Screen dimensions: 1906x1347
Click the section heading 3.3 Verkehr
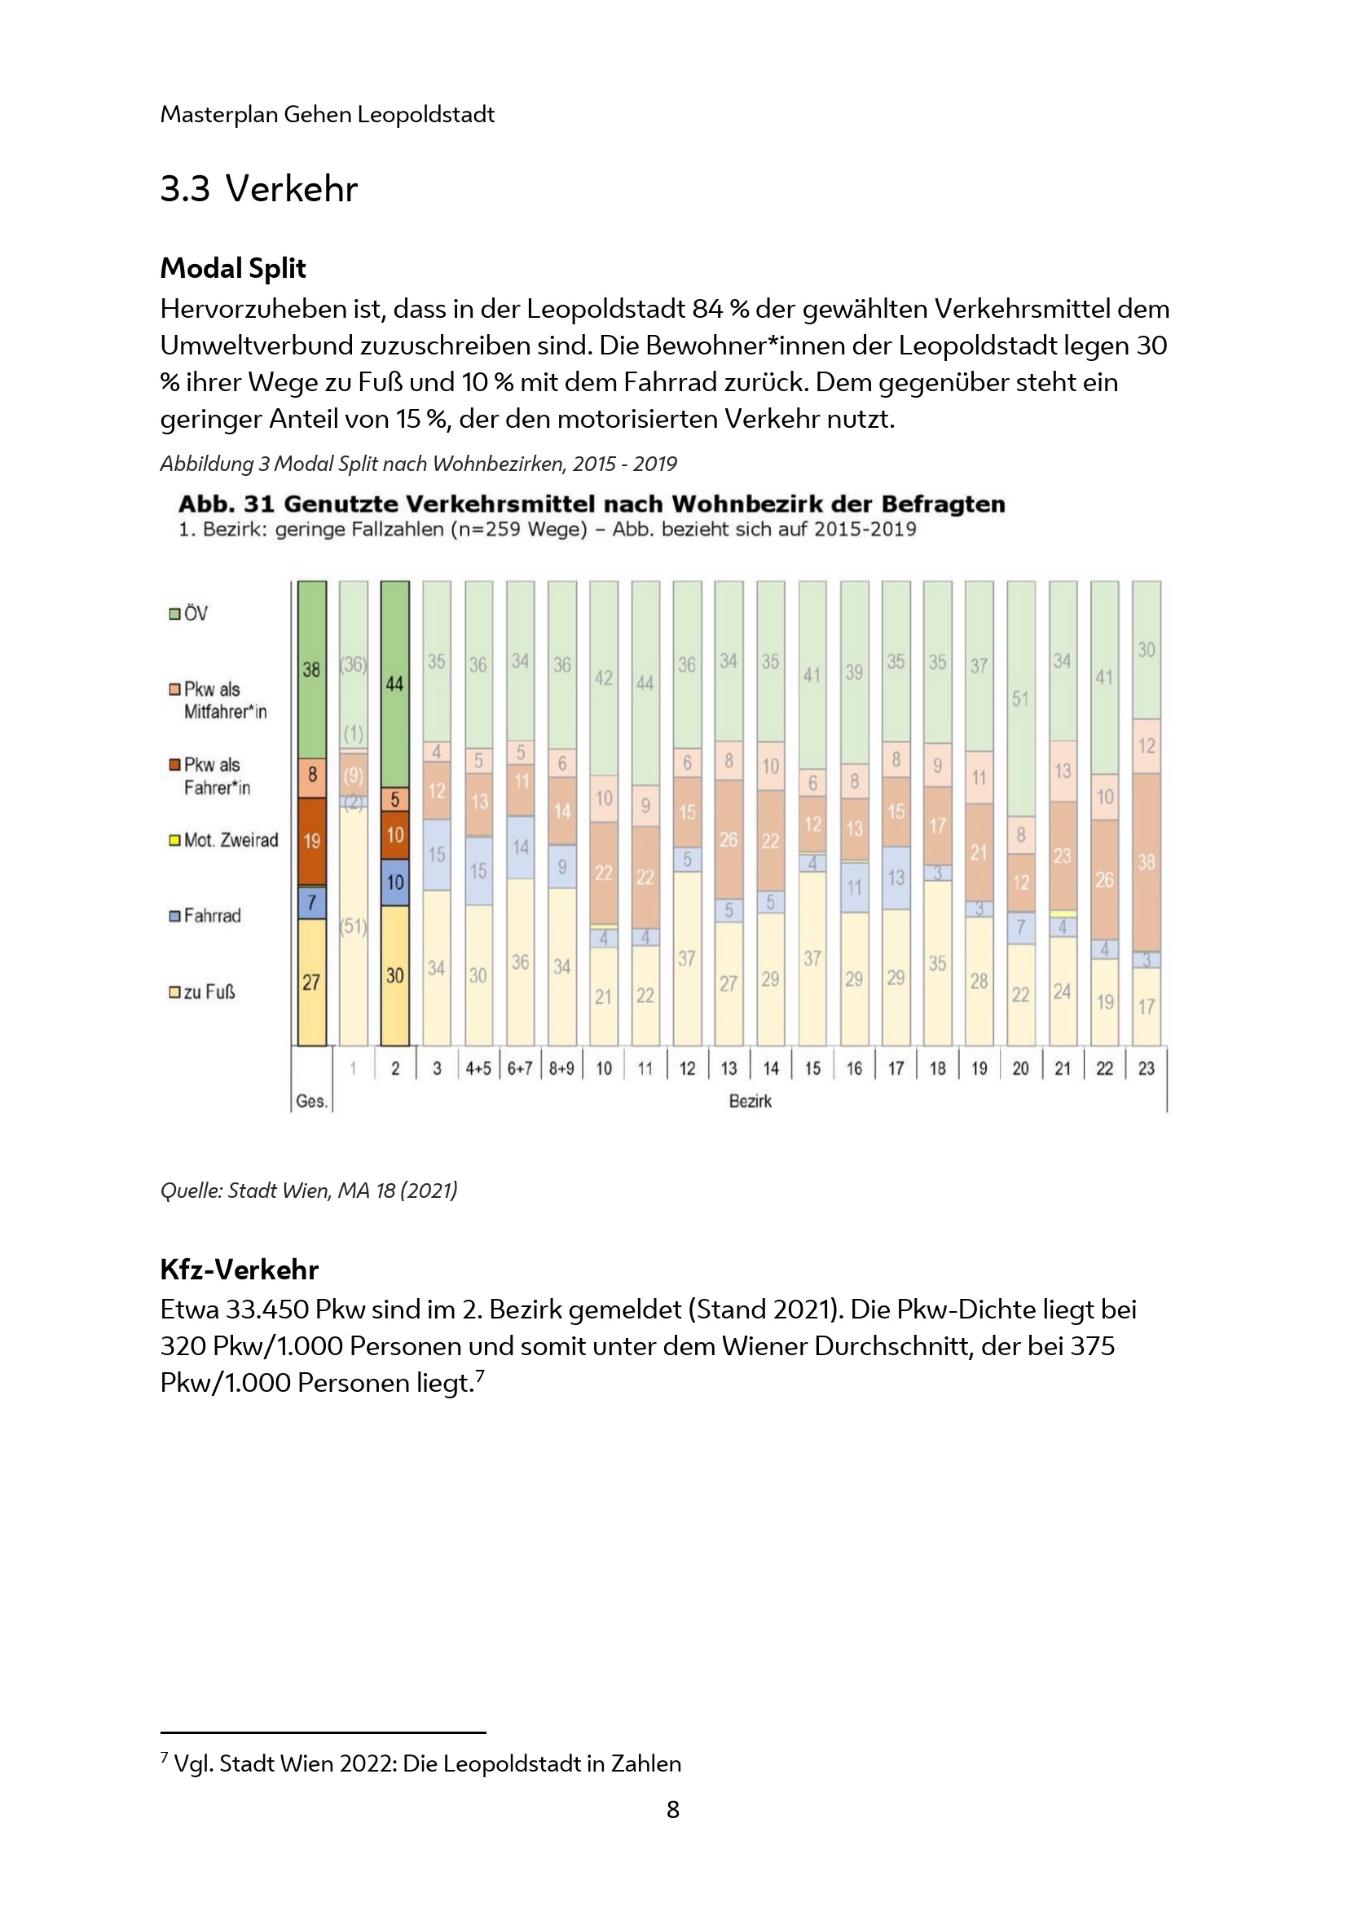258,189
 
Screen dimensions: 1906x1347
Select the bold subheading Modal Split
233,268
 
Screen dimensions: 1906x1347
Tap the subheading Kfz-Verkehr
239,1270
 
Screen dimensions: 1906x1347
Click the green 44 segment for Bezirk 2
394,684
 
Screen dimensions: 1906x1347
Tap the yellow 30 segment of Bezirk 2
394,975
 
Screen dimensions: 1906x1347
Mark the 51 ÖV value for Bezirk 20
1020,699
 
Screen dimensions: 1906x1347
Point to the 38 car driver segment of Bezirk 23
1147,861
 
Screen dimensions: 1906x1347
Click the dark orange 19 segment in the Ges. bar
311,841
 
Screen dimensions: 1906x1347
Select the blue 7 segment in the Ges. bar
311,902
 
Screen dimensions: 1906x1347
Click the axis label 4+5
478,1068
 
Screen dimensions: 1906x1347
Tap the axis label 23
1147,1068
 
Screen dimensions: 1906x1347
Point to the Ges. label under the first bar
311,1102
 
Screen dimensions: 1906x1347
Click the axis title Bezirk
751,1102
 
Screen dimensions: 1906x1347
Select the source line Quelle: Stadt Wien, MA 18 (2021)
309,1191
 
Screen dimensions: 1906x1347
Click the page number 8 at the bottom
673,1809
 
